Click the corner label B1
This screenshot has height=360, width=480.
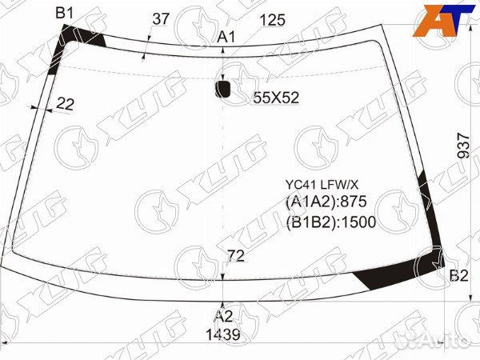point(64,14)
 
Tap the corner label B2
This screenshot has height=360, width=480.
point(459,276)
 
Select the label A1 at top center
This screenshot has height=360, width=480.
point(226,38)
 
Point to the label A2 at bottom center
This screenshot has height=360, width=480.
point(224,316)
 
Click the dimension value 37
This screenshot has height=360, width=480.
point(161,19)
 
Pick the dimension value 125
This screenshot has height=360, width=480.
point(272,20)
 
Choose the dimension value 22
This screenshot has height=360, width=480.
point(66,104)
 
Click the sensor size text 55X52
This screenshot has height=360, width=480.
point(276,98)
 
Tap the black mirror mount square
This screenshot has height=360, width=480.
point(222,89)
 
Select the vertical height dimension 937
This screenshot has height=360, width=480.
point(463,146)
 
